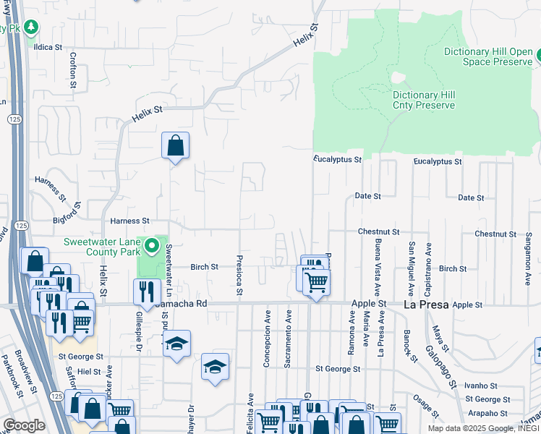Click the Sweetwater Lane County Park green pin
pyautogui.click(x=151, y=247)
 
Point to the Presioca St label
pyautogui.click(x=239, y=274)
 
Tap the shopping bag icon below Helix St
pyautogui.click(x=175, y=146)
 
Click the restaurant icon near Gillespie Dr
pyautogui.click(x=147, y=291)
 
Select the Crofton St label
pyautogui.click(x=73, y=70)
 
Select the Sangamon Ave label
pyautogui.click(x=529, y=256)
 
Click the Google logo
pyautogui.click(x=24, y=425)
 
